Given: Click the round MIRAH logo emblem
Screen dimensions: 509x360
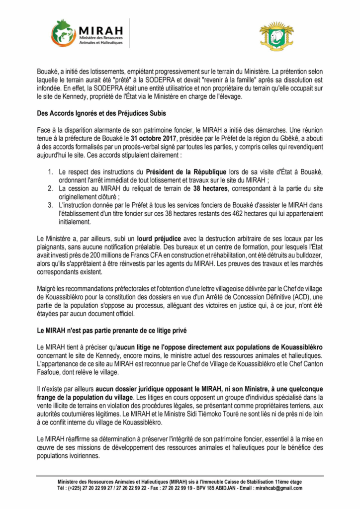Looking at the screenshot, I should pos(64,33).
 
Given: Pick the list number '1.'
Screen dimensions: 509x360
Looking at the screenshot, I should pos(51,172).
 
